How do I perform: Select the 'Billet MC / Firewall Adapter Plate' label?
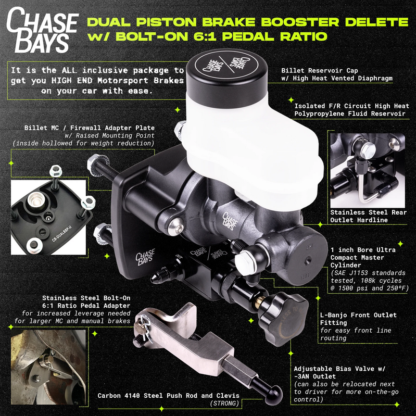pyautogui.click(x=90, y=128)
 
